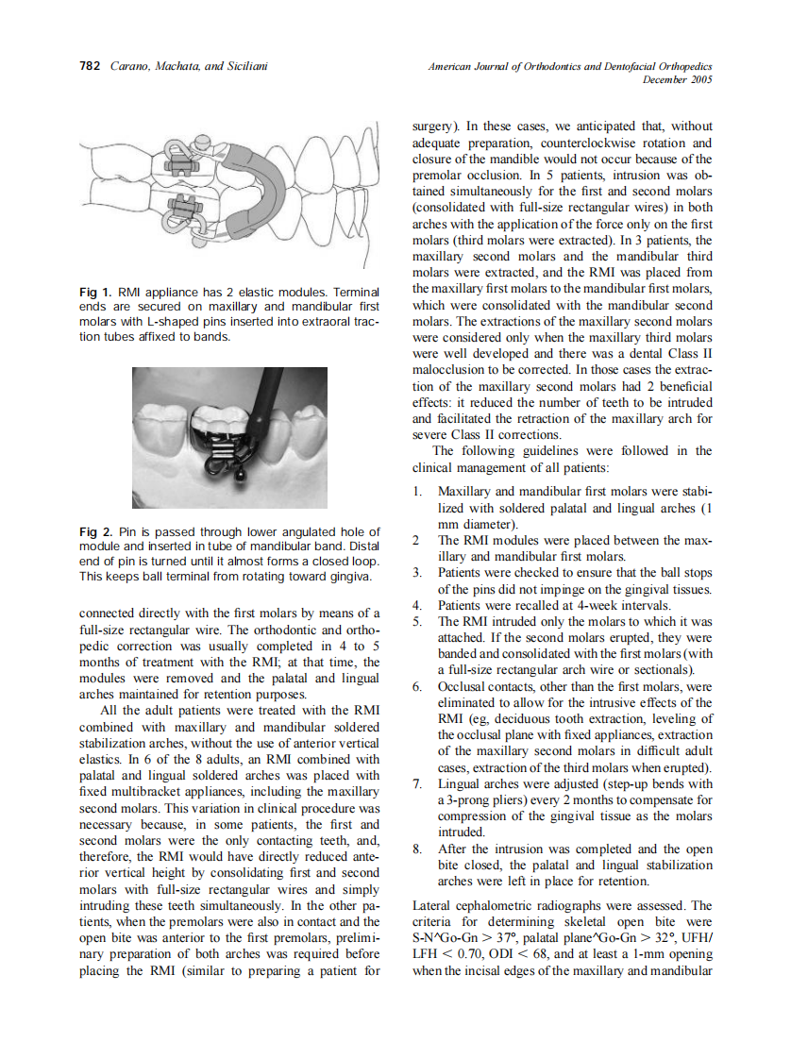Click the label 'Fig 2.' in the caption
(95, 532)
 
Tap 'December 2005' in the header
(676, 80)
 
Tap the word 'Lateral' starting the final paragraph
(434, 906)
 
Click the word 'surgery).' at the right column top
(439, 126)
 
